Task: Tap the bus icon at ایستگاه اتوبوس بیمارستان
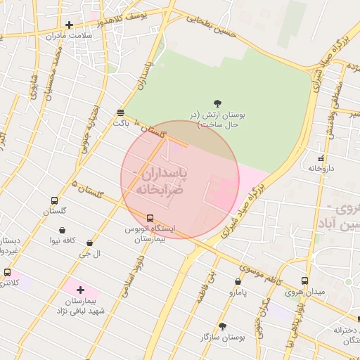[150, 218]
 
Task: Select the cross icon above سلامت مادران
[69, 25]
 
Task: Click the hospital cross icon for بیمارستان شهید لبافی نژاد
[80, 290]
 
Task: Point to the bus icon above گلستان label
[55, 200]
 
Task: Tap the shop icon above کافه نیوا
[63, 230]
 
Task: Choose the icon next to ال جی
[89, 243]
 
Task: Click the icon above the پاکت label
[121, 112]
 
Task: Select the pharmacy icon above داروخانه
[321, 158]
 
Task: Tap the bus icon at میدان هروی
[304, 281]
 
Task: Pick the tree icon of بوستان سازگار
[223, 326]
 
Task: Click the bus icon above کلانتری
[7, 272]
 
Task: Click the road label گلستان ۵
[87, 189]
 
